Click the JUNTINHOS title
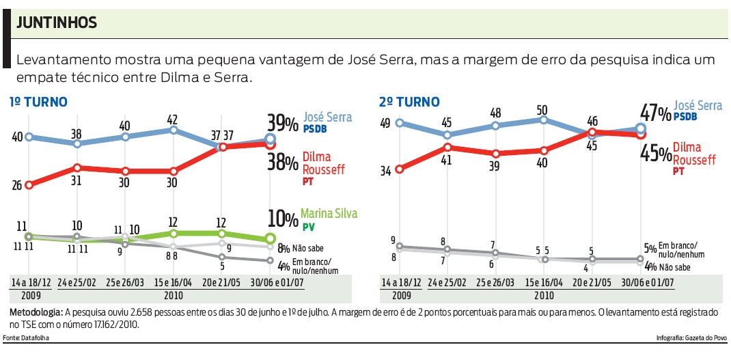point(57,23)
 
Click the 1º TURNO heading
point(38,102)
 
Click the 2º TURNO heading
point(409,102)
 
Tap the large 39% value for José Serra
point(281,123)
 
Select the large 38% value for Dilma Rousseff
point(281,161)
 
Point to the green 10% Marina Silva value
point(282,218)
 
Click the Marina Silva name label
point(329,213)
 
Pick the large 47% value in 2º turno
point(654,113)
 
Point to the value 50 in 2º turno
point(543,109)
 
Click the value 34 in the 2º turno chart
point(386,171)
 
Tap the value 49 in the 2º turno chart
point(386,123)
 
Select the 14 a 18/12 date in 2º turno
point(400,283)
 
